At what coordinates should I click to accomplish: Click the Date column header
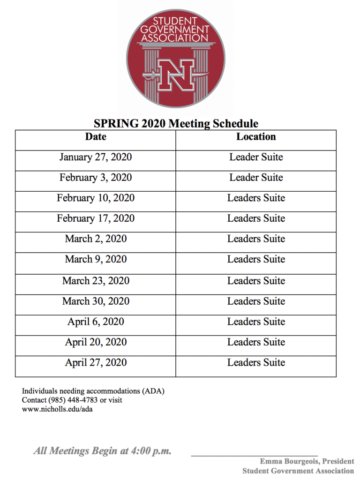pos(96,137)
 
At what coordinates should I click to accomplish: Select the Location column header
pos(256,137)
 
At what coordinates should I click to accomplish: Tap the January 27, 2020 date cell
pos(96,157)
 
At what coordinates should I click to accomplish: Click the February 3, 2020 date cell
pos(96,178)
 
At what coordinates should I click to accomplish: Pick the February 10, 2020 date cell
pos(96,198)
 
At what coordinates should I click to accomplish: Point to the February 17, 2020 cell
pos(96,218)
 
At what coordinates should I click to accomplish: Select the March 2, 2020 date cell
pos(96,239)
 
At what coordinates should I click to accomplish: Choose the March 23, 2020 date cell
pos(96,281)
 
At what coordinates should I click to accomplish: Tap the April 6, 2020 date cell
pos(96,322)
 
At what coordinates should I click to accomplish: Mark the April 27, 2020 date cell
pos(96,362)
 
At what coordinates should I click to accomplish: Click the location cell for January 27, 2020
pos(256,157)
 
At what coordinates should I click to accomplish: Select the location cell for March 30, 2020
pos(256,301)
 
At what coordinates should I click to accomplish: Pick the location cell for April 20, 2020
pos(256,342)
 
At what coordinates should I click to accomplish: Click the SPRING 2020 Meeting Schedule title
pos(176,124)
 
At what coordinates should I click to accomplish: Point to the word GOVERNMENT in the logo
pos(176,30)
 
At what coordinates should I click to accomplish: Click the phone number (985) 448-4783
pos(72,400)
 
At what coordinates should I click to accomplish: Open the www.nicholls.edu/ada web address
pos(58,409)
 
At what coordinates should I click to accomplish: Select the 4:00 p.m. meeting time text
pos(151,451)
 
